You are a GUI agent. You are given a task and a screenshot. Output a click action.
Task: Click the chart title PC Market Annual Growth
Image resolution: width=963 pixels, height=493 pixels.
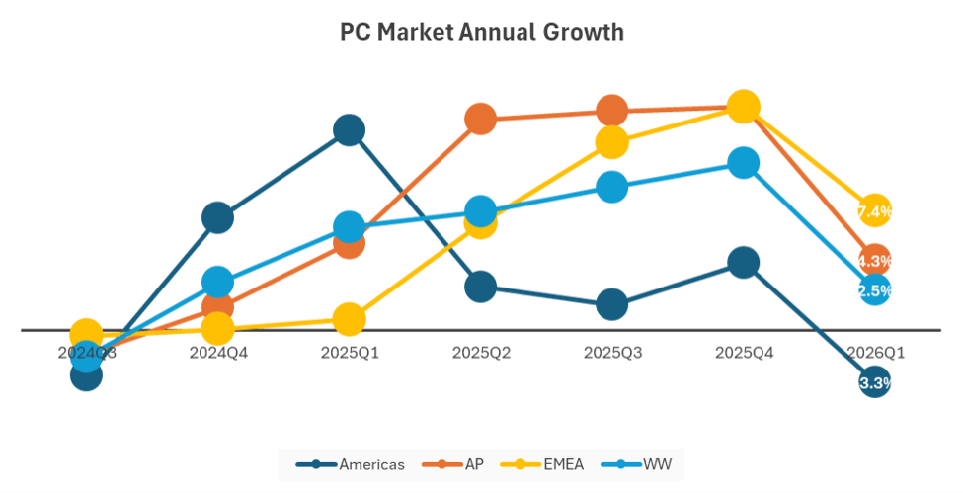point(482,32)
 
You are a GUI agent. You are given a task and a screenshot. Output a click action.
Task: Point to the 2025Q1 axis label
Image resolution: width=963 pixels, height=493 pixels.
point(349,352)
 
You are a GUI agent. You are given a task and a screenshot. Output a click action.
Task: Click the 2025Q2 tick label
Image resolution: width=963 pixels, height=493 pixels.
point(480,352)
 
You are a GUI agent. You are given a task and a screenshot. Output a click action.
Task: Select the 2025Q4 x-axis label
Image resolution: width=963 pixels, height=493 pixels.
point(743,352)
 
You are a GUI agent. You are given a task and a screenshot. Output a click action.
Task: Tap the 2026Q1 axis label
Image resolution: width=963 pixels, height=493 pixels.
point(874,352)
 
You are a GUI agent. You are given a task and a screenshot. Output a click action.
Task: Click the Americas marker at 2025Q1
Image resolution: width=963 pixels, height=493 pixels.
point(349,129)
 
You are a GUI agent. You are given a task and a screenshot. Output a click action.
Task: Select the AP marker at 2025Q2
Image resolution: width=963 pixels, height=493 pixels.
point(480,120)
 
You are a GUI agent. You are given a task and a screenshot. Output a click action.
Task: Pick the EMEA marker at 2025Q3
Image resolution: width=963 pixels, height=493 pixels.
point(611,142)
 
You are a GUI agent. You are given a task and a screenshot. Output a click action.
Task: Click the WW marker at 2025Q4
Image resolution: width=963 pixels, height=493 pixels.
point(743,163)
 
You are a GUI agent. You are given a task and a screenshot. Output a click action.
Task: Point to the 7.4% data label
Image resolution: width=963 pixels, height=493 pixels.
point(874,211)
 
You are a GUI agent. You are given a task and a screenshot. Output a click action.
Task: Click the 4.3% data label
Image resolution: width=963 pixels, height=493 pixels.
point(874,261)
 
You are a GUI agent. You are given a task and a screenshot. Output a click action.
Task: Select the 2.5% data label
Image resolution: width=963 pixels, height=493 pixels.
point(874,290)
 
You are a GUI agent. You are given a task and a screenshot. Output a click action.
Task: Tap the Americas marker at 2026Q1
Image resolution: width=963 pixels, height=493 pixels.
point(874,382)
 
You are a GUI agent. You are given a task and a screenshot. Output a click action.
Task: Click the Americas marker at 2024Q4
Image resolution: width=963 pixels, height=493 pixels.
point(217,217)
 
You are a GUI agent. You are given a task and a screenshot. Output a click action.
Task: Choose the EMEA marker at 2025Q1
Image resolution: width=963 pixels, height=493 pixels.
point(349,319)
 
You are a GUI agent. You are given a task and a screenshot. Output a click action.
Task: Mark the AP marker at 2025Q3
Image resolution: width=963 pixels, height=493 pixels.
point(611,111)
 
